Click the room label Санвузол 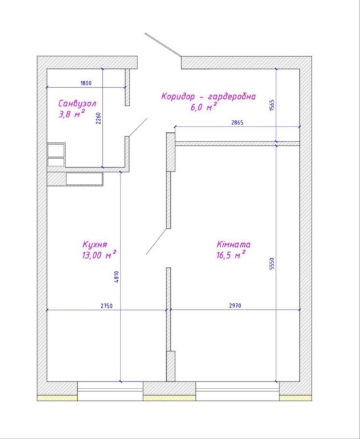coord(77,104)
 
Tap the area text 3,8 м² coord(71,114)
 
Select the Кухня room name coord(95,244)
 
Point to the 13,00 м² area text coord(99,255)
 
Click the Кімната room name coord(234,244)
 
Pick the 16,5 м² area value coord(231,255)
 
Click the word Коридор coord(177,96)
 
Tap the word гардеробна coord(232,97)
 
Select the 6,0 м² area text coord(204,107)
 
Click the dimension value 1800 coord(86,83)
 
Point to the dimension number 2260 coord(98,119)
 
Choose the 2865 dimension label coord(238,123)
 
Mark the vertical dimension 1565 coord(272,105)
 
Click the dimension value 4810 coord(117,277)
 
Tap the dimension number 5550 coord(272,264)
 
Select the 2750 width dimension coord(107,306)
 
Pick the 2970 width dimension coord(235,306)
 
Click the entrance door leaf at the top coord(163,45)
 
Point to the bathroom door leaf coord(138,127)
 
